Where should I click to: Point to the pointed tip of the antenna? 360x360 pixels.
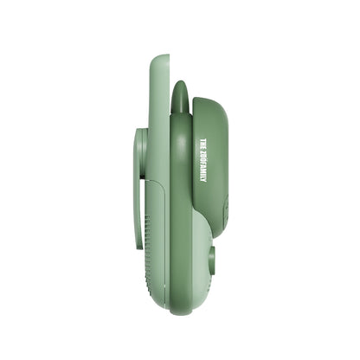[x=180, y=84]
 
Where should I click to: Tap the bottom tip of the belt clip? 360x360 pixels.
[x=139, y=246]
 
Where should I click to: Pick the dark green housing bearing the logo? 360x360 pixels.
[x=209, y=164]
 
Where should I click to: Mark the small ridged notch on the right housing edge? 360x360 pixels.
[x=225, y=208]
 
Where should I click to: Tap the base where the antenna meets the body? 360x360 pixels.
[x=180, y=117]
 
